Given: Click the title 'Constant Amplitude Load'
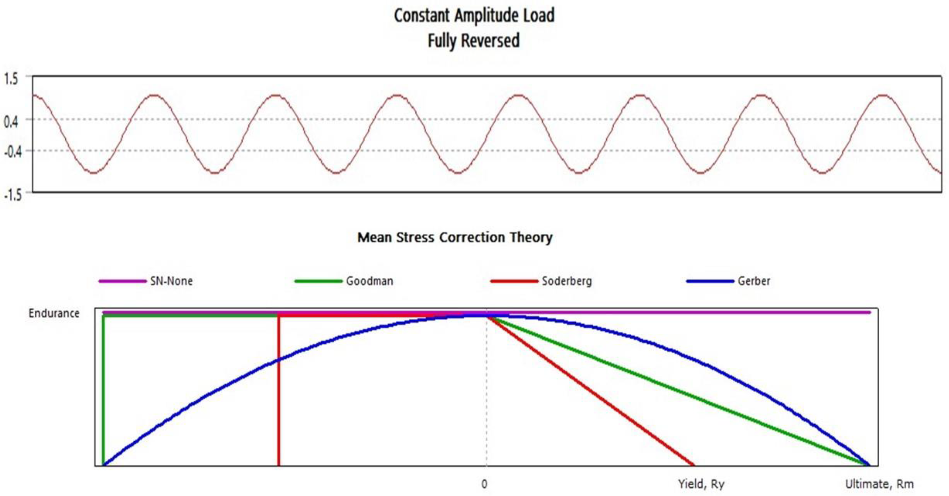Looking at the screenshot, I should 474,16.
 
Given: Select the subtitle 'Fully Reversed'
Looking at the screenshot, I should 473,40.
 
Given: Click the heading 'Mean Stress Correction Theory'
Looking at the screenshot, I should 455,237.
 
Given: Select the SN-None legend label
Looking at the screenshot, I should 171,281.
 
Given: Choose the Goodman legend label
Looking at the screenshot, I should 369,281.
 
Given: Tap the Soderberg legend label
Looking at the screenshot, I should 566,281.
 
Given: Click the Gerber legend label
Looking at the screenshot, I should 754,281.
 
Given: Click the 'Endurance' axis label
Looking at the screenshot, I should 54,313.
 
